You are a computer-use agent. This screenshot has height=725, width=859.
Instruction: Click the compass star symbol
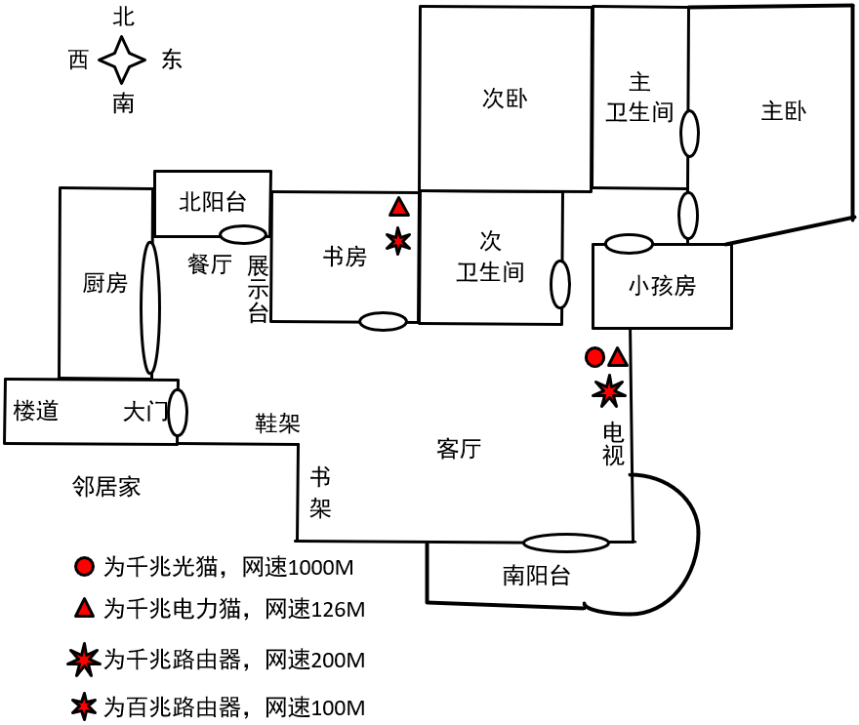click(122, 60)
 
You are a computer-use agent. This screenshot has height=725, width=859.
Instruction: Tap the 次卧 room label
click(505, 99)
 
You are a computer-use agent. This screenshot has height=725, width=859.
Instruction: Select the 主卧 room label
click(783, 111)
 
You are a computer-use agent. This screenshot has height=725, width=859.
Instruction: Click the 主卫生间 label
click(639, 98)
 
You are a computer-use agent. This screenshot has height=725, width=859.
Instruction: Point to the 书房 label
click(345, 257)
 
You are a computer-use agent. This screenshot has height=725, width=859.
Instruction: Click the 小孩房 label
click(662, 286)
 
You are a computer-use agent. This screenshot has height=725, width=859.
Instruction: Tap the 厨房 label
click(104, 284)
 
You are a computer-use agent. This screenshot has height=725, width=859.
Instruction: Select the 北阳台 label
click(212, 202)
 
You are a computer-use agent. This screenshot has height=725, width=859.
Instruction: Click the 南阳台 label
click(536, 576)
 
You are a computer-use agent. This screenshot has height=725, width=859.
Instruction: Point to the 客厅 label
click(459, 449)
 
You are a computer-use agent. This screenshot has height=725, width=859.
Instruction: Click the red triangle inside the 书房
click(398, 207)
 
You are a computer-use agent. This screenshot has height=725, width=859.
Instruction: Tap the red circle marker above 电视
click(594, 357)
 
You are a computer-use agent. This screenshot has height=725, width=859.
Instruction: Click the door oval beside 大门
click(178, 412)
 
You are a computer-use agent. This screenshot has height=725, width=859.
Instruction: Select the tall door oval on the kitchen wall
click(149, 307)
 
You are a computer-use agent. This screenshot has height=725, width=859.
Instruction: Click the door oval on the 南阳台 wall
click(565, 543)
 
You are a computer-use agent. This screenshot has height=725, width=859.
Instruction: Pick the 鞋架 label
click(277, 423)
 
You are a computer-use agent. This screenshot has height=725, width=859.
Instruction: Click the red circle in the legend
click(85, 566)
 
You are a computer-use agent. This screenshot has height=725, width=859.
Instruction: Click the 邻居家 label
click(106, 487)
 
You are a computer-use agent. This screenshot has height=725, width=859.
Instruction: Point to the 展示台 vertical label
click(258, 289)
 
